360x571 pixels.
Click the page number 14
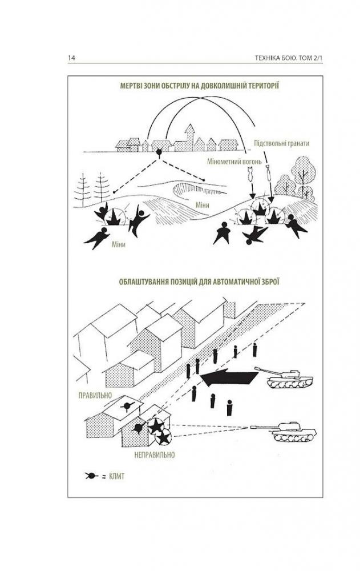tap(71, 58)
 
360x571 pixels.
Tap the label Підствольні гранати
tap(282, 143)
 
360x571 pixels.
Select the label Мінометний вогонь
tap(234, 162)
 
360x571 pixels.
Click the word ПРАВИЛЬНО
tap(95, 396)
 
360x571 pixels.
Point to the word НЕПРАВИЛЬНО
tap(155, 455)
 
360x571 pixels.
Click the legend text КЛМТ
tap(117, 476)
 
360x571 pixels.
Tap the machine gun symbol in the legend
tap(91, 476)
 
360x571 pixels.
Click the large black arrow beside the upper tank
tap(229, 377)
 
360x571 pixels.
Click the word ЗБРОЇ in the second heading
tap(269, 282)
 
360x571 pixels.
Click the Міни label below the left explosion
tap(119, 245)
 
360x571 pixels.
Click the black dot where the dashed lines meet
tap(159, 152)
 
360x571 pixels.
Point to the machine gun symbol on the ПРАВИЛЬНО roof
tap(127, 406)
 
